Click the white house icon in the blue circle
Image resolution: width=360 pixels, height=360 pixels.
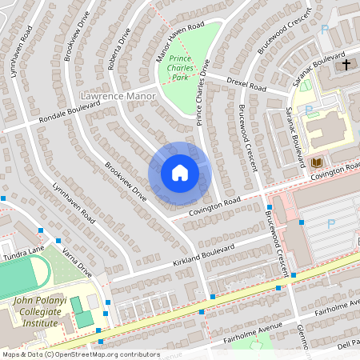[x=179, y=173]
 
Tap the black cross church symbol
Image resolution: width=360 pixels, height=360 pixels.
[x=346, y=64]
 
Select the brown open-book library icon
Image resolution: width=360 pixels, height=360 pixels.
[x=316, y=163]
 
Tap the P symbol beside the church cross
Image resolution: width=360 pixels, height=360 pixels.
[x=324, y=30]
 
